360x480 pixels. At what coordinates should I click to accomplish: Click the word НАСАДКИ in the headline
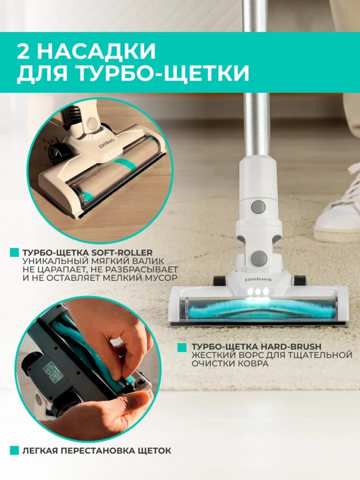pos(97,51)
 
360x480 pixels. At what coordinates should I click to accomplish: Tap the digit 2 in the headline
pos(25,51)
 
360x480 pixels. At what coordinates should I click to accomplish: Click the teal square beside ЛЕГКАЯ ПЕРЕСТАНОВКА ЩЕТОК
pos(14,450)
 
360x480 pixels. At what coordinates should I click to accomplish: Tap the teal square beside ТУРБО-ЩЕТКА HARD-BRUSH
pos(182,347)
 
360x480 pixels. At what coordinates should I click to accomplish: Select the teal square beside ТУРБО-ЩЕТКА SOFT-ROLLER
pos(14,252)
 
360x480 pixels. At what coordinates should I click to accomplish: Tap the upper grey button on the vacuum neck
pos(258,207)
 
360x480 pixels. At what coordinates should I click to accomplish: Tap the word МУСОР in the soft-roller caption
pos(161,278)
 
